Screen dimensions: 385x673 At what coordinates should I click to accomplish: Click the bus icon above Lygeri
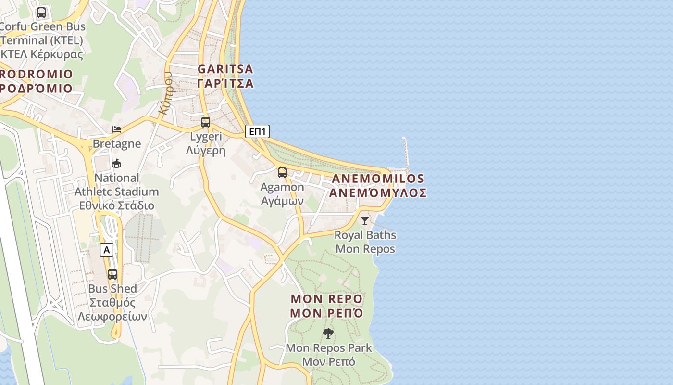[x=206, y=122]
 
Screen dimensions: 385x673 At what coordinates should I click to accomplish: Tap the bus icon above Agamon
[x=282, y=173]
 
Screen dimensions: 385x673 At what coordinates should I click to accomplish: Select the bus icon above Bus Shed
[x=112, y=274]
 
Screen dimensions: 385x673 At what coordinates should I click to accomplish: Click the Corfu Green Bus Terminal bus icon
[x=41, y=13]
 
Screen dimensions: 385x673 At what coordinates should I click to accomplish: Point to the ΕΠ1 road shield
[x=257, y=131]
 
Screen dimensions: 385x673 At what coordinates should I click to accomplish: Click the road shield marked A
[x=107, y=250]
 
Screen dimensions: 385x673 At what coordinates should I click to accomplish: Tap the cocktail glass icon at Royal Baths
[x=365, y=221]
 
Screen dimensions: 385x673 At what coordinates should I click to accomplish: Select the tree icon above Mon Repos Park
[x=328, y=333]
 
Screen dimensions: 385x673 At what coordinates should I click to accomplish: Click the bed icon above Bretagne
[x=117, y=129]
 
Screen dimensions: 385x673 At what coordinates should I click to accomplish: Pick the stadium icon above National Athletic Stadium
[x=116, y=164]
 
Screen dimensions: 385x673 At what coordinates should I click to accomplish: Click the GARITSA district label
[x=225, y=76]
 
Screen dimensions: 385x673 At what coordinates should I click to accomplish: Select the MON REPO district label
[x=327, y=306]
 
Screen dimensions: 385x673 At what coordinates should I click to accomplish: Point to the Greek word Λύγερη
[x=206, y=150]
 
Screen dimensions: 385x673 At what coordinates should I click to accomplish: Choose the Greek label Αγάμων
[x=282, y=201]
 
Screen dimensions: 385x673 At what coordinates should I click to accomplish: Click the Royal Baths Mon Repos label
[x=365, y=242]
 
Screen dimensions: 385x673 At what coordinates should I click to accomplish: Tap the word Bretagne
[x=117, y=143]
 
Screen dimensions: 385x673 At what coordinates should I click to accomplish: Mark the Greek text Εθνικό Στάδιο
[x=117, y=205]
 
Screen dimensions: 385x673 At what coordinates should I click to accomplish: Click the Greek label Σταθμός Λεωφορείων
[x=112, y=310]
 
